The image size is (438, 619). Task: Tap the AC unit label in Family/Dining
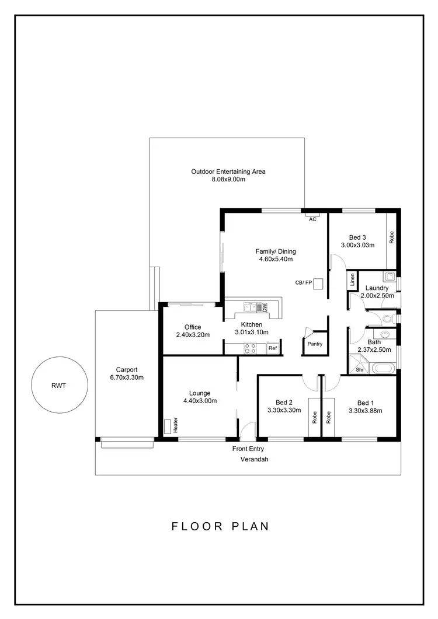(312, 219)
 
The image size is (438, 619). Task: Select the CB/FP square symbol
(319, 282)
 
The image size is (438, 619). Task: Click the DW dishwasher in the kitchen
(264, 306)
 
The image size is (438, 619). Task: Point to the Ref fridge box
(272, 348)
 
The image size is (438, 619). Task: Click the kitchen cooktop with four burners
(250, 348)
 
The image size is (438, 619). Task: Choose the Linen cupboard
(352, 280)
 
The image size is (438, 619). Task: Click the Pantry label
(315, 344)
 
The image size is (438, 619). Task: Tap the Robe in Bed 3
(392, 237)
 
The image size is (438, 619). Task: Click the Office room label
(193, 327)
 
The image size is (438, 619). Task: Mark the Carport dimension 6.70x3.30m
(127, 377)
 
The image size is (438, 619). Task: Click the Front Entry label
(248, 449)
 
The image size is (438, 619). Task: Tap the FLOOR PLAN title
(220, 526)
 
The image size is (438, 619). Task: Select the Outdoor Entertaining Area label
(228, 172)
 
